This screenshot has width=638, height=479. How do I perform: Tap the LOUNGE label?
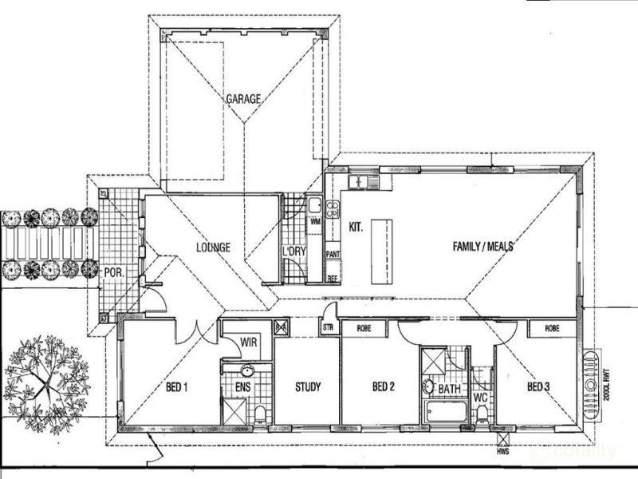[213, 247]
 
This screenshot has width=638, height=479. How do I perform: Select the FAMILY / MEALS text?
[482, 247]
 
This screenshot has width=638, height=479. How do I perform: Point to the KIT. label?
[356, 228]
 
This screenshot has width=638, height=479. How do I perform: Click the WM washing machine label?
[315, 221]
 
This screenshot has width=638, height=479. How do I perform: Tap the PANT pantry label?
[333, 255]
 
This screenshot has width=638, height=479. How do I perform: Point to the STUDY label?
[307, 389]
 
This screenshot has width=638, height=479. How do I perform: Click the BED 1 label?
[176, 389]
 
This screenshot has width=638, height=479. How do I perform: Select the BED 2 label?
[384, 389]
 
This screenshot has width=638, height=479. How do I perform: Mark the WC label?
[481, 397]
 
